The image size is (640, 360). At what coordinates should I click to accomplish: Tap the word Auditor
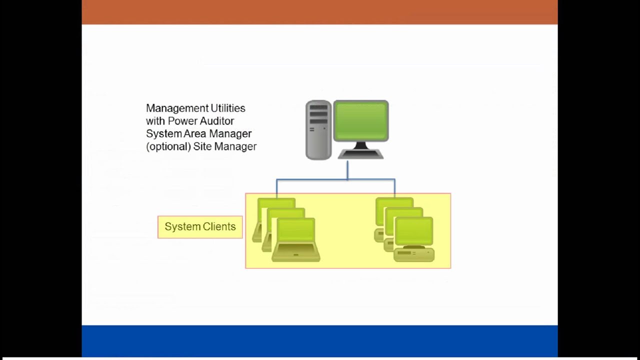(215, 121)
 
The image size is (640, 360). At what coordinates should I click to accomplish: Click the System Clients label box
(200, 227)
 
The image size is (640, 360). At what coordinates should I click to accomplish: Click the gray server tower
(318, 130)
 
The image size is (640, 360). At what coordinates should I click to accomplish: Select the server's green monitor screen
(360, 120)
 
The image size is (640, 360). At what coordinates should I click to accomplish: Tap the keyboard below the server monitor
(360, 154)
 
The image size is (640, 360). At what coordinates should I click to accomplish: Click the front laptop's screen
(296, 230)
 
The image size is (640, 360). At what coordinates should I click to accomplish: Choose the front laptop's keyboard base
(296, 255)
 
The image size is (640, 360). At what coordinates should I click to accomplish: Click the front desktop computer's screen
(413, 230)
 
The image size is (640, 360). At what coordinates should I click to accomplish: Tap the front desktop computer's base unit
(413, 255)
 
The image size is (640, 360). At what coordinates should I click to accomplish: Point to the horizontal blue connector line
(335, 179)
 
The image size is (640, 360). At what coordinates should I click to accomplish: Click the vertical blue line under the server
(347, 170)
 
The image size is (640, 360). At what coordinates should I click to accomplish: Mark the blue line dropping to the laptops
(276, 187)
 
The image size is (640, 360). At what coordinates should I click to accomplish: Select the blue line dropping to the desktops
(395, 187)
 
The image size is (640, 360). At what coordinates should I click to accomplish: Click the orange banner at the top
(319, 12)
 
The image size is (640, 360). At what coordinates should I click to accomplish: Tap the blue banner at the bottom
(319, 341)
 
